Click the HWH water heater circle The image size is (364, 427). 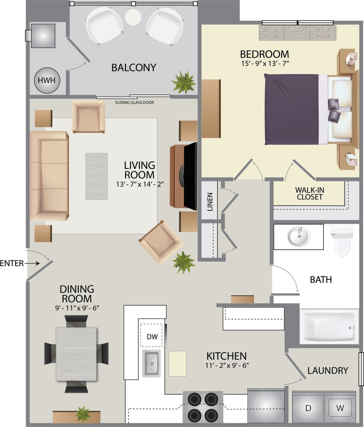(47, 80)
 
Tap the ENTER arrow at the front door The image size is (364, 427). (32, 264)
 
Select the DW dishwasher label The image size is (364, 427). (152, 337)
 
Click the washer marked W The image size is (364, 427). (340, 408)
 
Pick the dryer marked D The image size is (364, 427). (308, 408)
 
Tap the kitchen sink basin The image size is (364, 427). (152, 363)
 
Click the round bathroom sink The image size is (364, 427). (299, 237)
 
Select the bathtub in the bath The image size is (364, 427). (329, 327)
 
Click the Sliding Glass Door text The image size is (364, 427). (135, 102)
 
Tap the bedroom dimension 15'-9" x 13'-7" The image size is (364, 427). (265, 63)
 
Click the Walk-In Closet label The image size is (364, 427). (310, 193)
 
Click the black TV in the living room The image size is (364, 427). (190, 176)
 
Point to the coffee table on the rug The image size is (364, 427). (97, 176)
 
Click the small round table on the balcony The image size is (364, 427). (133, 17)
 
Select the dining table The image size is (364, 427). (76, 354)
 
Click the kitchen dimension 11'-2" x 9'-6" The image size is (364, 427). (227, 365)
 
